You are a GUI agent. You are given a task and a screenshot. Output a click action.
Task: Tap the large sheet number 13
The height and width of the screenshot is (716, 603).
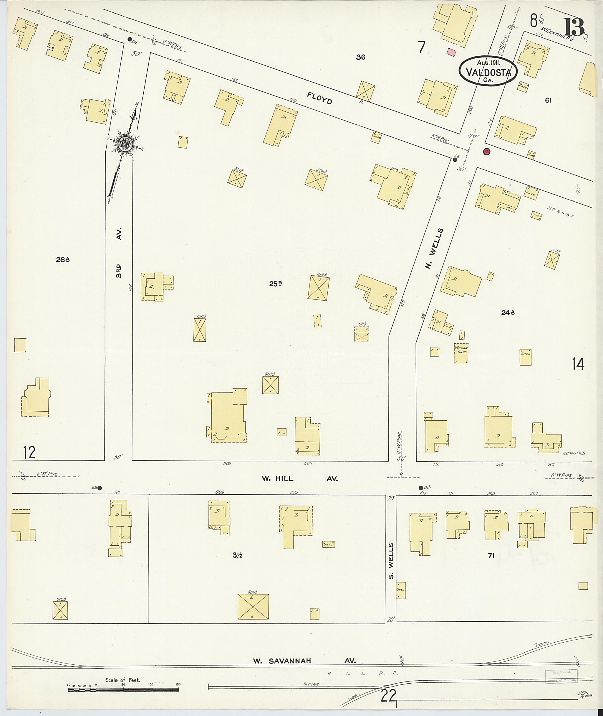point(574,27)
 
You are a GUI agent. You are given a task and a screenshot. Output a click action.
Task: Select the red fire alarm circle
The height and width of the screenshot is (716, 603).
point(486,151)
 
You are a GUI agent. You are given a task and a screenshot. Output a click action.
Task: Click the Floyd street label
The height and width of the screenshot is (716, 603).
point(319,98)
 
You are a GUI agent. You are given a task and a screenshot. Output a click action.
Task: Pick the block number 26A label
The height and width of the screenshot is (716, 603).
point(63,260)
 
